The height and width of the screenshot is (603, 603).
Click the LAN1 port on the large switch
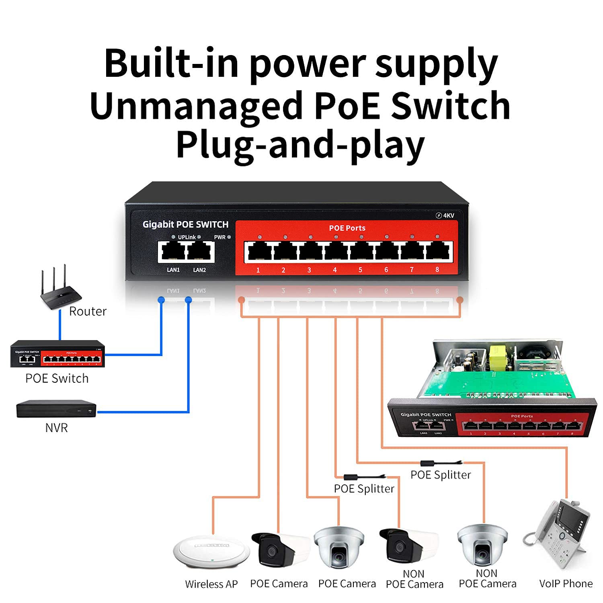173,252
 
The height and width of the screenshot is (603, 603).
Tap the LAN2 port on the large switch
200,252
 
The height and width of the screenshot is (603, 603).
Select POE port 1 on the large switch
260,252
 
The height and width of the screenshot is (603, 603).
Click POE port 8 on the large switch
438,252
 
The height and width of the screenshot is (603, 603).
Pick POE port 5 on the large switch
361,252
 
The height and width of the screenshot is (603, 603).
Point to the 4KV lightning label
445,215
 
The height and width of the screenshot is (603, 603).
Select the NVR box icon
56,409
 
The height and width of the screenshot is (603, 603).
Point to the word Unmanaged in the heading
195,105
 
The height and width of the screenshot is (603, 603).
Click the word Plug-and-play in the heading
300,146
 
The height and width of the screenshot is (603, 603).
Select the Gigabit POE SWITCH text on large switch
185,224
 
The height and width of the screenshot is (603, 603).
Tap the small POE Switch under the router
57,354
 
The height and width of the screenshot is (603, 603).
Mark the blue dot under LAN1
161,299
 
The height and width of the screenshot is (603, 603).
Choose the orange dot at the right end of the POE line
460,300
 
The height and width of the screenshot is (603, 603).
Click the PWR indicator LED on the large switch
229,237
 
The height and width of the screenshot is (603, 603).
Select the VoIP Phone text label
566,583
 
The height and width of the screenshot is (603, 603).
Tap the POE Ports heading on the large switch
347,228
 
